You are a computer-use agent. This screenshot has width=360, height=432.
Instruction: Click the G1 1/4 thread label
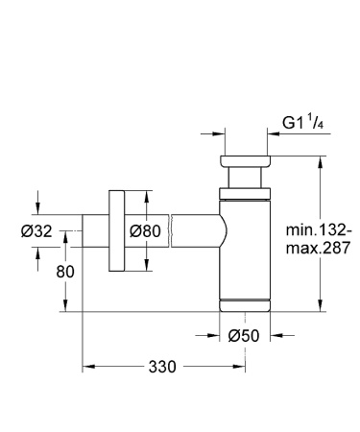click(300, 121)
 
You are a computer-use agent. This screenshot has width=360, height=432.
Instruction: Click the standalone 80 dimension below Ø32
click(64, 272)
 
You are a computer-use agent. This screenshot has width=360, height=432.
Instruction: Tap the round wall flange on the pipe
click(117, 233)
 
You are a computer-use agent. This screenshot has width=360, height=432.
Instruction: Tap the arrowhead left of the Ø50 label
click(215, 335)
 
